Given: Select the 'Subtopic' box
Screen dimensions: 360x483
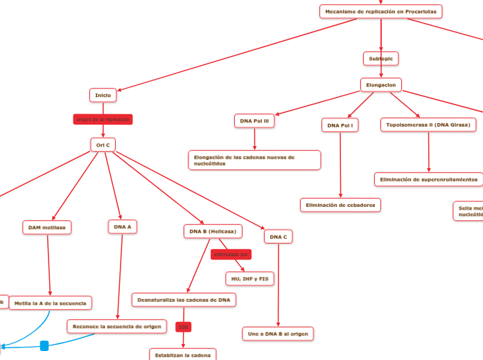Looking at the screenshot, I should (x=381, y=59).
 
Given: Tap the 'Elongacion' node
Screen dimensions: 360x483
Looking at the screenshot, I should (x=381, y=84).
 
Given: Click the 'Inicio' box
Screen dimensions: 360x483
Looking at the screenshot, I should (x=103, y=95).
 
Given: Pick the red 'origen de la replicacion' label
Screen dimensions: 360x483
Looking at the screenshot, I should (x=103, y=119).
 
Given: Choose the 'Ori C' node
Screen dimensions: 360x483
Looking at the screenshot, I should (x=103, y=145).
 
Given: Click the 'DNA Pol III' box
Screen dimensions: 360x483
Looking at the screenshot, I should (x=254, y=121).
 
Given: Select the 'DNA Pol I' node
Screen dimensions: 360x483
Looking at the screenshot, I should (x=340, y=125).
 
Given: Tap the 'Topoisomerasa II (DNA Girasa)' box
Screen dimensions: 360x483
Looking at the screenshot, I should (x=428, y=125).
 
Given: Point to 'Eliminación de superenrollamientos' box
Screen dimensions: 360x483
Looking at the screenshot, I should (x=429, y=179).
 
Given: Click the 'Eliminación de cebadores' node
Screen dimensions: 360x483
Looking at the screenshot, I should (x=340, y=205).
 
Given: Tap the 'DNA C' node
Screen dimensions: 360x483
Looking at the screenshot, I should (x=278, y=237).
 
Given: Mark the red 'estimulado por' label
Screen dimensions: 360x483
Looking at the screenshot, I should (x=231, y=254).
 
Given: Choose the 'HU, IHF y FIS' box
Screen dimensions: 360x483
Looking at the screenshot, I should (x=249, y=278).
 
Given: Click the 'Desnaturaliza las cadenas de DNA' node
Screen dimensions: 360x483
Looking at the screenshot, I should (x=184, y=300).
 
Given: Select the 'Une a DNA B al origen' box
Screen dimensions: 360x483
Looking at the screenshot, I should (x=278, y=334).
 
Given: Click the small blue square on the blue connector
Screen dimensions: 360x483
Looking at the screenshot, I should (x=44, y=345).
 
